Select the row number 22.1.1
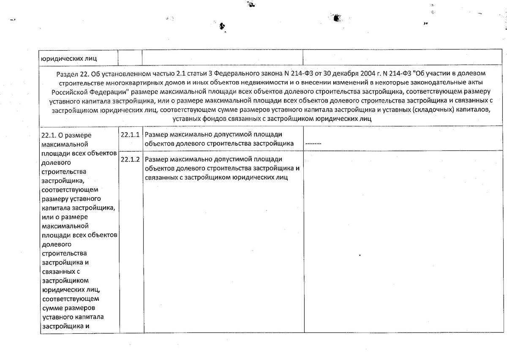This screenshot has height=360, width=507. click(x=130, y=134)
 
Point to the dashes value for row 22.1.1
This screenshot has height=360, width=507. click(x=313, y=144)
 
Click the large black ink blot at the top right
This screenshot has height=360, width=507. click(x=336, y=17)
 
